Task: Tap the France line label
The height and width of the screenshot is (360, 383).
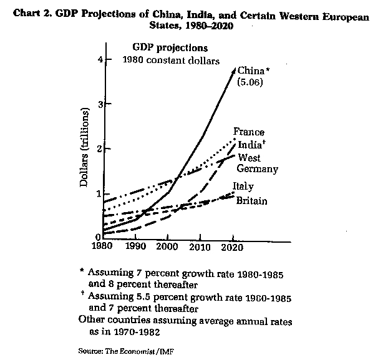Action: tap(248, 132)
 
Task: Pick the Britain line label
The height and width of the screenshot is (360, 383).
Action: tap(251, 201)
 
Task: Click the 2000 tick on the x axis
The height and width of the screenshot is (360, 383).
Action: tap(167, 245)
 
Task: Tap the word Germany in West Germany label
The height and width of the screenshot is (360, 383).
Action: tap(258, 168)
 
